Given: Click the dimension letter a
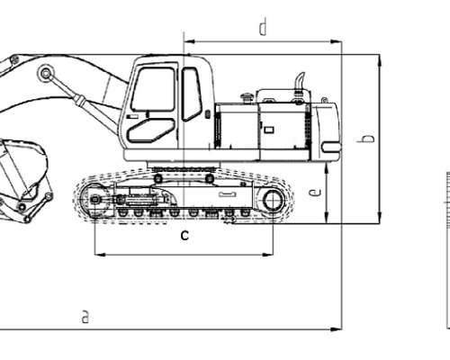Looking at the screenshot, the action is pos(85,317).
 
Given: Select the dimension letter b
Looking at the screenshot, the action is pos(367,139).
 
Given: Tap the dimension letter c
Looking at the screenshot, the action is pos(184,236).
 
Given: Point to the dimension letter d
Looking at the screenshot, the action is pos(263,27).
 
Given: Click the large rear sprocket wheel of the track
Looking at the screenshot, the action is pos(273,200).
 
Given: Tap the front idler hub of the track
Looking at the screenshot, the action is pos(95,199).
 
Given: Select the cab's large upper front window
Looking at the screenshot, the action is pos(153,90).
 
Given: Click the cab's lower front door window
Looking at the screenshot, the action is pos(151,130).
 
